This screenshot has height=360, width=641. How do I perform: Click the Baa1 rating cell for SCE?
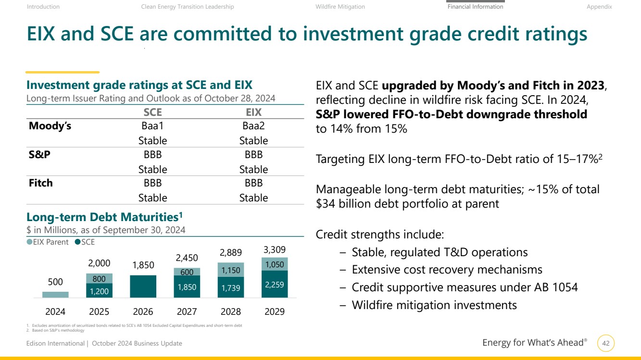152,126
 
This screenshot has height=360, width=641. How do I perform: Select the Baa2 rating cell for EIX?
253,126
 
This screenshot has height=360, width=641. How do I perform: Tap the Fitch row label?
41,183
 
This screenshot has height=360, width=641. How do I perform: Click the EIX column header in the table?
253,112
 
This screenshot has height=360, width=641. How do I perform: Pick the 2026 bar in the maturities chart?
143,286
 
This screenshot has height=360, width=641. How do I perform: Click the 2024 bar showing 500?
55,295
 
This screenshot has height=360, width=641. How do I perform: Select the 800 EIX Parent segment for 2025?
99,278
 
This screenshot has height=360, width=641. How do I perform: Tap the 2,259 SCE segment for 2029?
274,284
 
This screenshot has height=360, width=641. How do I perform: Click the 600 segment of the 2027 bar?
187,272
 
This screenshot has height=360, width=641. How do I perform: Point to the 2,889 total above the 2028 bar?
230,253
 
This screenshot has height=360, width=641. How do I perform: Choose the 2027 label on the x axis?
187,311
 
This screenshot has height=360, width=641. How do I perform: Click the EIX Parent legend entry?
48,242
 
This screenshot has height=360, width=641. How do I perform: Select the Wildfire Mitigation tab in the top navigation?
340,7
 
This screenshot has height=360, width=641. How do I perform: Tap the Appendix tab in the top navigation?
599,7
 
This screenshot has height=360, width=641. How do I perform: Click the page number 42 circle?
606,344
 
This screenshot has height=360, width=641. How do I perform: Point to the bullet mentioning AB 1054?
465,287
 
